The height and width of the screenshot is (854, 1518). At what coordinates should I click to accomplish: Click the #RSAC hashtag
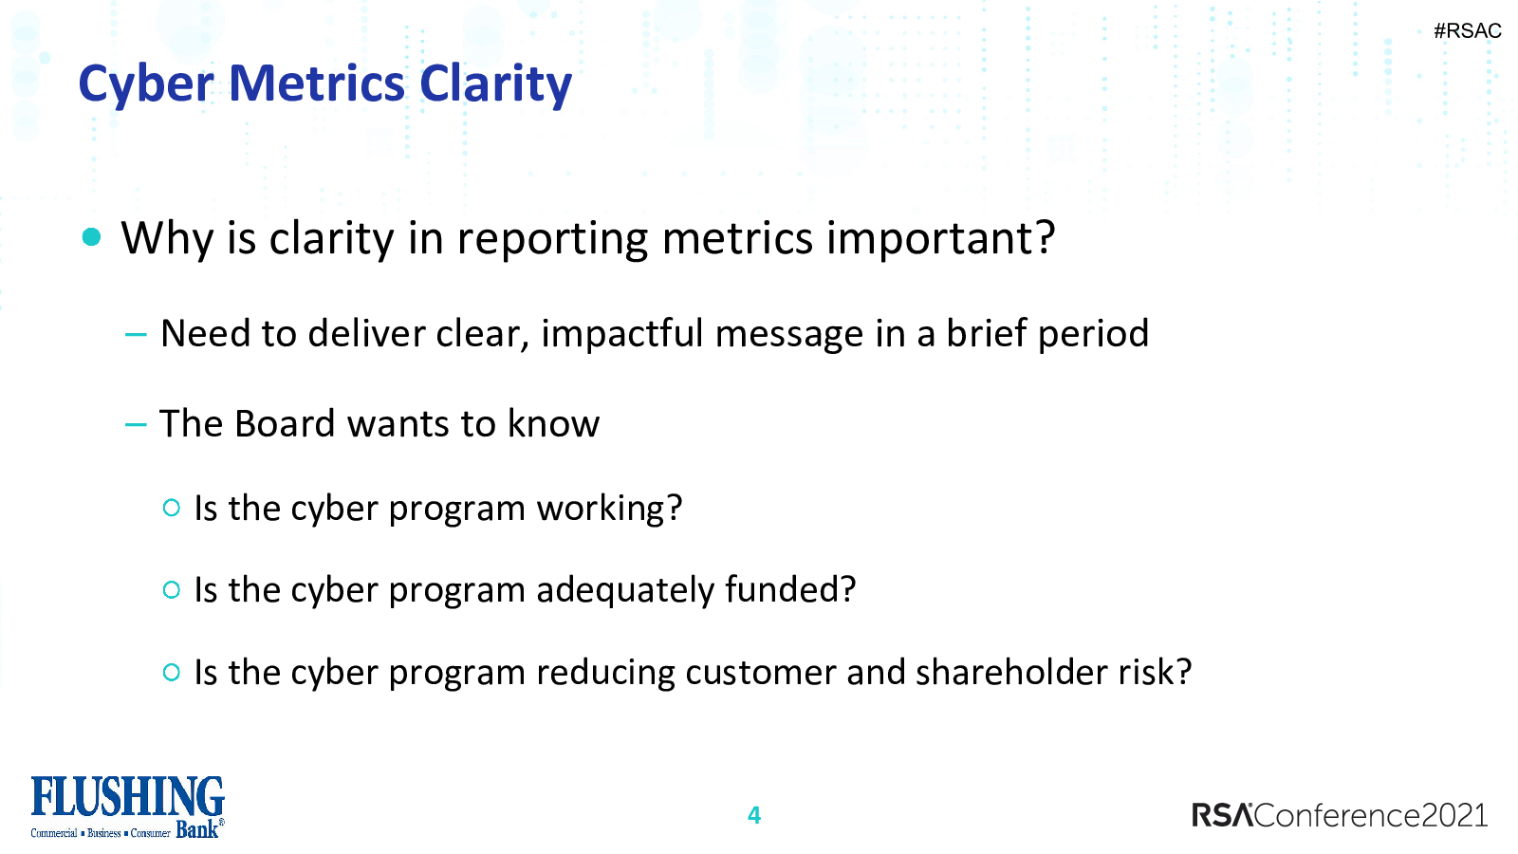point(1467,31)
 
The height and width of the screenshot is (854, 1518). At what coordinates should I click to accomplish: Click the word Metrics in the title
point(317,84)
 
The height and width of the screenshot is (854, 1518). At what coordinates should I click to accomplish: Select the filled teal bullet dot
point(91,237)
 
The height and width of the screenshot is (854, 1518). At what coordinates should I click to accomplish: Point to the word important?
point(940,239)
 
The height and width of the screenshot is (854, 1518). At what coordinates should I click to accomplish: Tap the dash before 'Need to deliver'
point(137,334)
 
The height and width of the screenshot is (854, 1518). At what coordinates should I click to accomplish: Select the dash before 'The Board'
point(137,425)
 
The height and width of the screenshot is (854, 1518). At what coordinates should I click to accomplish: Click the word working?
point(609,509)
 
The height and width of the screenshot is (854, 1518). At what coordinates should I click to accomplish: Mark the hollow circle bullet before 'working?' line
point(172,508)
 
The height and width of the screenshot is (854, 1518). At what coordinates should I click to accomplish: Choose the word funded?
point(790,589)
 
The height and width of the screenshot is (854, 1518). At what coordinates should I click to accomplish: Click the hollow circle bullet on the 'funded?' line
point(172,589)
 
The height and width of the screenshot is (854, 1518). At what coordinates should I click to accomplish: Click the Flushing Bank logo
point(127,808)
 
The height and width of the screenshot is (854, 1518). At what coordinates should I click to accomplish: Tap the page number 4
point(754,815)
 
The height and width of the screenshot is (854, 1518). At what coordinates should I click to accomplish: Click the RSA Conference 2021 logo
point(1340,815)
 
